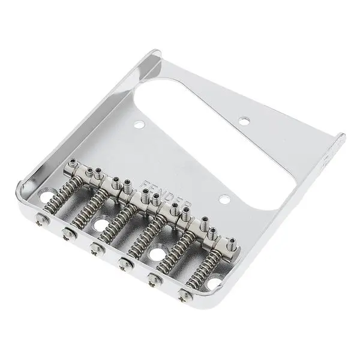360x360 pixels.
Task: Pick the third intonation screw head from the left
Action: click(x=94, y=247)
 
